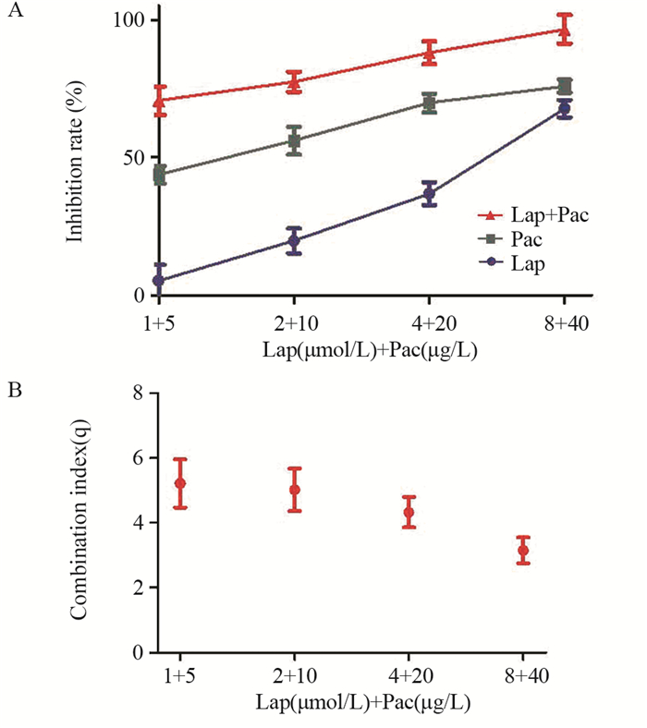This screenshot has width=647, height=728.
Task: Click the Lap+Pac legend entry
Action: tap(545, 214)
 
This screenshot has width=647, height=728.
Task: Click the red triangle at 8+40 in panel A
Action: tap(564, 30)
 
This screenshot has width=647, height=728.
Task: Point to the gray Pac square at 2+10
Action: tap(294, 140)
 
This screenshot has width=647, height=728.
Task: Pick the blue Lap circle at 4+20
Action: tap(429, 193)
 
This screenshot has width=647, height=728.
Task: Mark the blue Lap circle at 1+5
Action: tap(159, 280)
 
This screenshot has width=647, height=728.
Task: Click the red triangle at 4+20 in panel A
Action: tap(429, 52)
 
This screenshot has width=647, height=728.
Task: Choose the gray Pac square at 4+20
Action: tap(429, 102)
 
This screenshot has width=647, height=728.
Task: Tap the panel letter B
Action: tap(15, 391)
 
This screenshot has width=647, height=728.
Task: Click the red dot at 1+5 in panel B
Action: tap(180, 483)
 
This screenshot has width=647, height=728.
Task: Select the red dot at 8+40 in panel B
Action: tap(523, 551)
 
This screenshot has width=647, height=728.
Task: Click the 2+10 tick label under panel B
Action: tap(295, 677)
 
